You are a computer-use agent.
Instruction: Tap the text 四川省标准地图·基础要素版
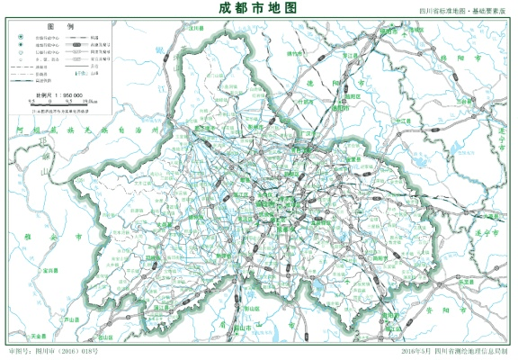[x=459, y=11]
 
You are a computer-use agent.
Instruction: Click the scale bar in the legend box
[x=59, y=102]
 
